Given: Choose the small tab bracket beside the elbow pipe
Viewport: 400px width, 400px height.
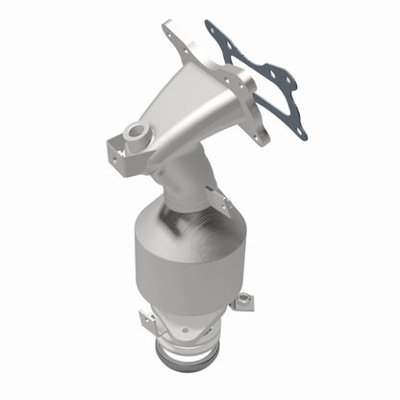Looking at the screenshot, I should [x=219, y=201].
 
